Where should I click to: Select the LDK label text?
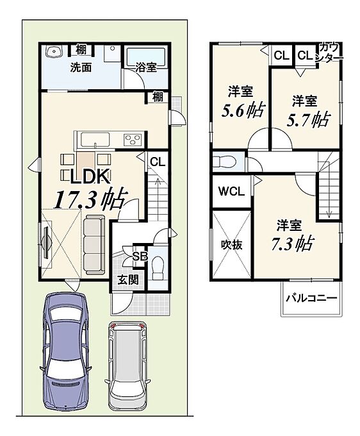pos(90,176)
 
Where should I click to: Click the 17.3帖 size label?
pos(90,199)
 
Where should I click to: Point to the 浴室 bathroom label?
pos(146,67)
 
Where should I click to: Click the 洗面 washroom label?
pos(81,67)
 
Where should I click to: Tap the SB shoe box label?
pos(140,256)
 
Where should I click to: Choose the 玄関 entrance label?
pos(128,280)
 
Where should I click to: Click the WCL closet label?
pos(231,192)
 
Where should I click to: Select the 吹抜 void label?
pos(231,245)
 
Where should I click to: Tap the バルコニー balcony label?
pos(311,298)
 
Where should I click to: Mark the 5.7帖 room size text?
pos(307,120)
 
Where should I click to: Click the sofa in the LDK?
pos(94,245)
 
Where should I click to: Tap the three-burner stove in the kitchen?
pos(133,139)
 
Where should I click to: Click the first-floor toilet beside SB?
pos(158,267)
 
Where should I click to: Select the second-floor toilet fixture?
pos(224,162)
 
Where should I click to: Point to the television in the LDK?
pos(46,240)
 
